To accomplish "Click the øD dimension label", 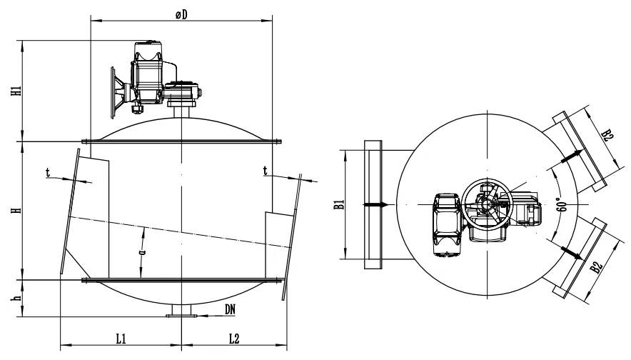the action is [x=181, y=14].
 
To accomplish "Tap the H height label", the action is [x=16, y=210].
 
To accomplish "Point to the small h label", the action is [x=16, y=298].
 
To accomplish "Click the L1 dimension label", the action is [x=121, y=339].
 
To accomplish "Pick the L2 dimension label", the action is [x=234, y=339].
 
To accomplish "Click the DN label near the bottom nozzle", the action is [x=230, y=309].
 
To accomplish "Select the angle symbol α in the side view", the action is [x=141, y=252].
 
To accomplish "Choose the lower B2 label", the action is [x=597, y=267].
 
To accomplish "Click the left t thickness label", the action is [x=48, y=173].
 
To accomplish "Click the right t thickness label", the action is [x=266, y=171].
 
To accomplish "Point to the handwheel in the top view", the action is [x=487, y=204].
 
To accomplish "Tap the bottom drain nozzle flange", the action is [x=181, y=316].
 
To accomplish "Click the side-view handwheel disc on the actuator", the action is [x=113, y=93].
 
